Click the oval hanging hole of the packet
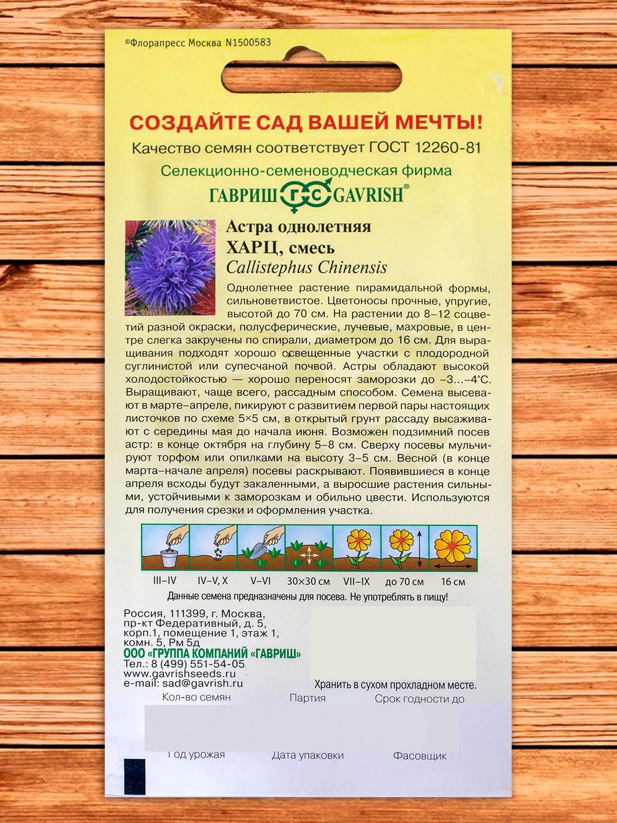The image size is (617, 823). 311,77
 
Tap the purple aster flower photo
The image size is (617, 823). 170,268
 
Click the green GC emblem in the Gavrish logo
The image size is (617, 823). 305,195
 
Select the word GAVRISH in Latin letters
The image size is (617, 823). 369,195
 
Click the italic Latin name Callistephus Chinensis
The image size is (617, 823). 307,268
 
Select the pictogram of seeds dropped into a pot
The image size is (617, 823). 166,548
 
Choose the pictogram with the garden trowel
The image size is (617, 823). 261,548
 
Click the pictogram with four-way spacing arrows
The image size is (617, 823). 309,548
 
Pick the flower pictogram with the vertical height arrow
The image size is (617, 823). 405,548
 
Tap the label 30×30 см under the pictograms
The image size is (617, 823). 308,582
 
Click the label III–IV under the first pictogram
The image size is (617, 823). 165,581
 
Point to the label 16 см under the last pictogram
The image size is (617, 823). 453,582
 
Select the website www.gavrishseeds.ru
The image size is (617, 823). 179,674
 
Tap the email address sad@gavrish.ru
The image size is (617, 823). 202,684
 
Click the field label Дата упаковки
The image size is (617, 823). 308,756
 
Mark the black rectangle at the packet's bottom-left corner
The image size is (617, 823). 135,776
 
